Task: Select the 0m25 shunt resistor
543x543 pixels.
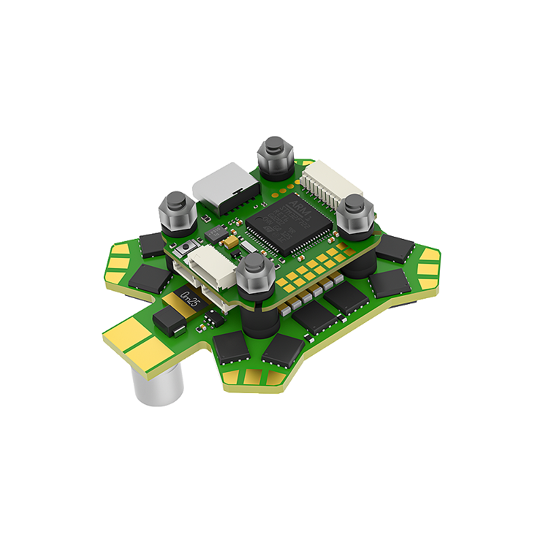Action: (188, 299)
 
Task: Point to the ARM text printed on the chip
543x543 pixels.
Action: (299, 204)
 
